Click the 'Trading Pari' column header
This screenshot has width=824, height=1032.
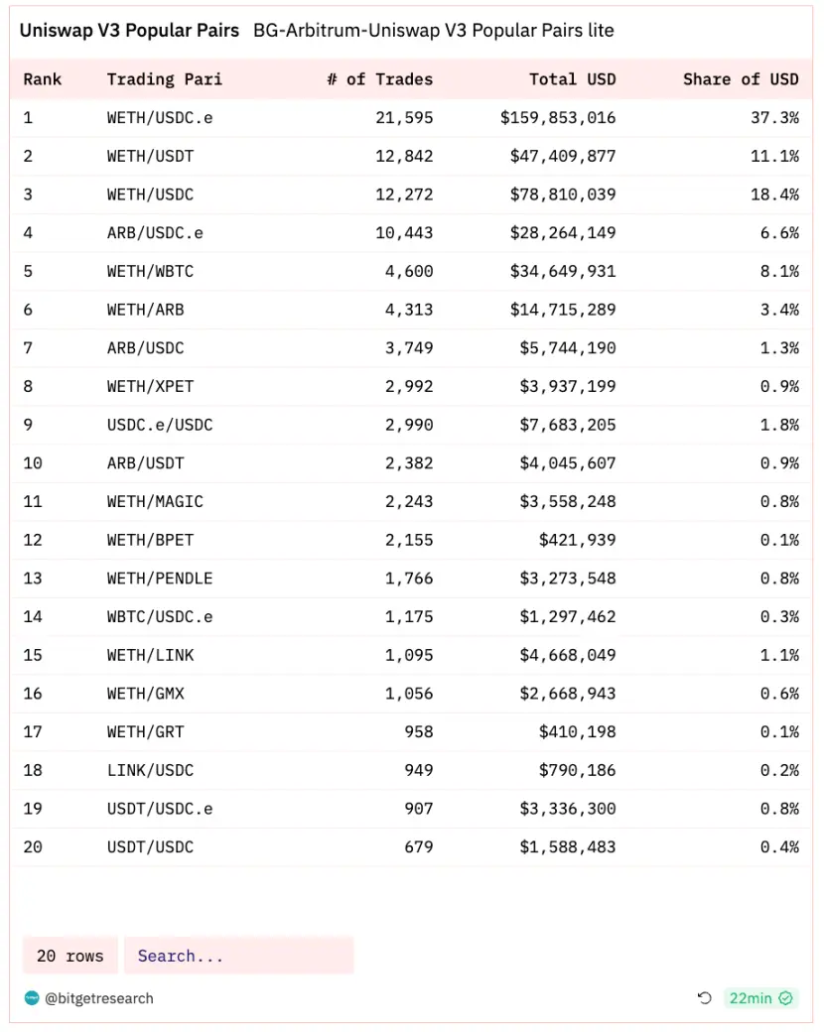165,79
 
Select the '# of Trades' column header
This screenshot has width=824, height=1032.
379,79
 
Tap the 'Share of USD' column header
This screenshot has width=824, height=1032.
741,79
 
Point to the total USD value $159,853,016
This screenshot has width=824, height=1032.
558,117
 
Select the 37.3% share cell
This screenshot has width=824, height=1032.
774,117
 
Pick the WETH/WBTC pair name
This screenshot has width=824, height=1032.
150,271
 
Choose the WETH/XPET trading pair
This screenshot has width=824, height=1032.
150,386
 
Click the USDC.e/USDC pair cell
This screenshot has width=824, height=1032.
160,425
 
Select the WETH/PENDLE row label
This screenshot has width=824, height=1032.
160,579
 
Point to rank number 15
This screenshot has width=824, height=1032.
33,655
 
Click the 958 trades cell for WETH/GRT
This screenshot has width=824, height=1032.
419,732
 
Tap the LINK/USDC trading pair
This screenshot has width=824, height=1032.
150,770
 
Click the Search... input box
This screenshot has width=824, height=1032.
238,956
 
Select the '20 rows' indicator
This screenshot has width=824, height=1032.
69,956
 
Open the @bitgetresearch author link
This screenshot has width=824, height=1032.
99,998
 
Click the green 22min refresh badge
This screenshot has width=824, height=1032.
760,998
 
